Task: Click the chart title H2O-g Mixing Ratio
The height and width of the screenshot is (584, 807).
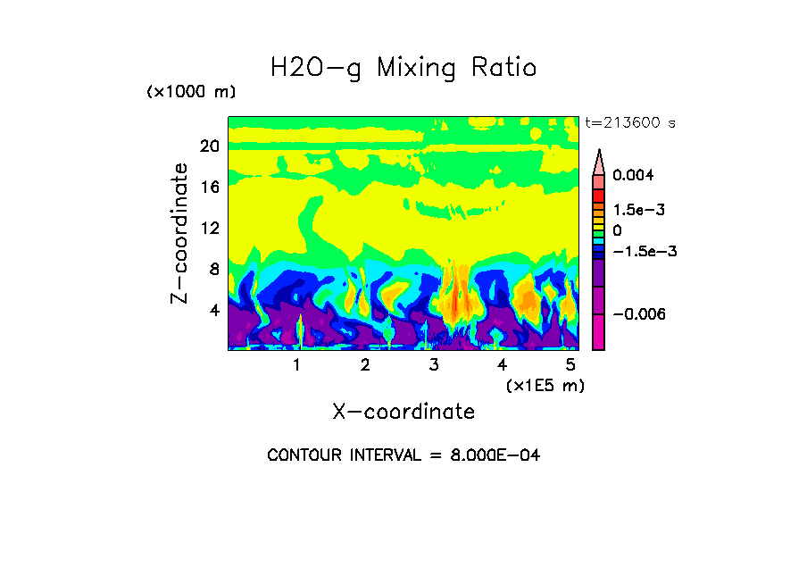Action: pos(403,68)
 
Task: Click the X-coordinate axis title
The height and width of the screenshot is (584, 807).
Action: pos(403,412)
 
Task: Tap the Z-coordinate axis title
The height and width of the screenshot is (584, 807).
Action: pos(180,233)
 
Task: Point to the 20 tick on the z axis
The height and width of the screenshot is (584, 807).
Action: pos(209,146)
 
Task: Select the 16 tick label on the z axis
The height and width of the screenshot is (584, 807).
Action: pos(209,187)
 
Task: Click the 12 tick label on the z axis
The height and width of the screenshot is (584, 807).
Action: pos(209,228)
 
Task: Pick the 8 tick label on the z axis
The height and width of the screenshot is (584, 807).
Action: pos(213,269)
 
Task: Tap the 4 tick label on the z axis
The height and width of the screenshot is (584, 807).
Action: pos(213,310)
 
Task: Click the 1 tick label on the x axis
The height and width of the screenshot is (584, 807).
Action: pos(296,365)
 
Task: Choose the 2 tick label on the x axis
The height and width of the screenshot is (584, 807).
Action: pos(365,365)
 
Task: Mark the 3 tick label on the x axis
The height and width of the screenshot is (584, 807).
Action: pos(434,365)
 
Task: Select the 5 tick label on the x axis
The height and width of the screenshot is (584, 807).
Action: pos(570,365)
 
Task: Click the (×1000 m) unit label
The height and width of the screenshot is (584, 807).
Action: pos(191,93)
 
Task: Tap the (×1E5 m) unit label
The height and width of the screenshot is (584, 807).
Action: pos(545,385)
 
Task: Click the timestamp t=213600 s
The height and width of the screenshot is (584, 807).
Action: pos(630,122)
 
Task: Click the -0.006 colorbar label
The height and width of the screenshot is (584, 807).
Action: pos(641,313)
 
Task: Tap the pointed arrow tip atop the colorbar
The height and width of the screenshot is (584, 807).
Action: pos(599,154)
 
